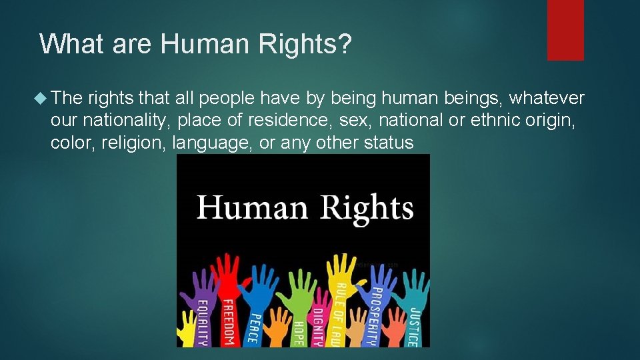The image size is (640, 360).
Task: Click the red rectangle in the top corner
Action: click(565, 30)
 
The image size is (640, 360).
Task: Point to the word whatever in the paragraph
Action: click(547, 99)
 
